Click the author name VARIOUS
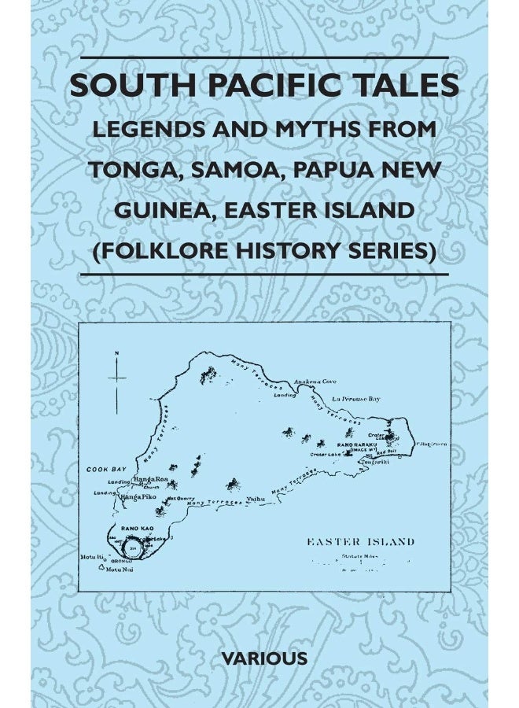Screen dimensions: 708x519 point(259,658)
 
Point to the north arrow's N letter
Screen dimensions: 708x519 point(116,354)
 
